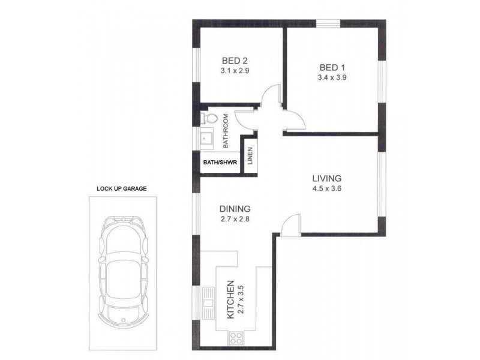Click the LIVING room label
point(326,178)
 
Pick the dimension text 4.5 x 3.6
point(326,188)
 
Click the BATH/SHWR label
point(219,162)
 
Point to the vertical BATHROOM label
point(227,131)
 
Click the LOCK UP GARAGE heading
point(122,188)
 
